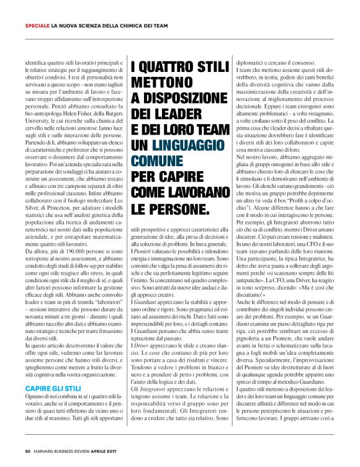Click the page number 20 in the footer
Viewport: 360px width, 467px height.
coord(28,451)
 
